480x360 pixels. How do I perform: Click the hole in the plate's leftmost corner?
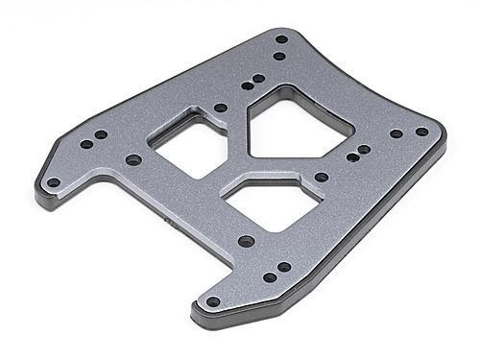54,182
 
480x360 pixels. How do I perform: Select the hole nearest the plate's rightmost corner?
421,132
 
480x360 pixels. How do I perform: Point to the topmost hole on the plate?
281,39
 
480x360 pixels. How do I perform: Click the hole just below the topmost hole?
278,56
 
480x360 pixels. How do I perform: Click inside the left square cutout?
188,144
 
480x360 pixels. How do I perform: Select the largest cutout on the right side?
299,126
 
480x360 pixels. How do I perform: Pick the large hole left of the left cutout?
134,159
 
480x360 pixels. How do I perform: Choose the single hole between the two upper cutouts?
221,108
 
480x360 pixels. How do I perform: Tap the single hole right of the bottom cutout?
322,177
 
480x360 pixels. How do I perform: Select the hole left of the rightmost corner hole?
396,134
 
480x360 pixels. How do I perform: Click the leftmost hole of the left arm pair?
85,144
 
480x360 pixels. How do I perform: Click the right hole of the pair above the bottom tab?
284,267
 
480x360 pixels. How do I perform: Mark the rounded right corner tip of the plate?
443,132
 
